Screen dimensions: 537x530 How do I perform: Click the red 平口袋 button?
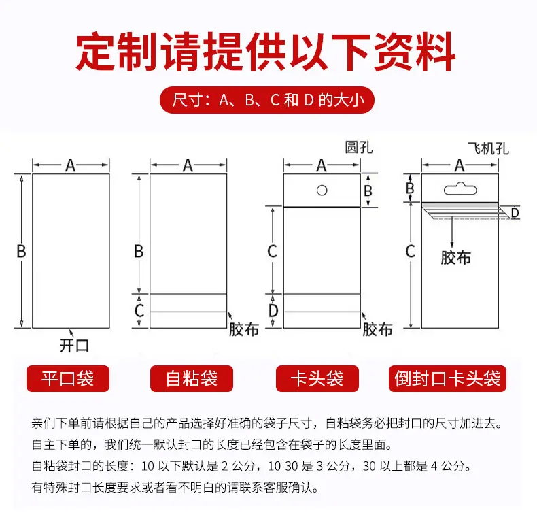68,378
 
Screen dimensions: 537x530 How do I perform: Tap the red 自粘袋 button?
192,378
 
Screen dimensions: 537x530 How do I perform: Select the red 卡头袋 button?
317,378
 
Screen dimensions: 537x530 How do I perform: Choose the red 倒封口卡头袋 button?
447,378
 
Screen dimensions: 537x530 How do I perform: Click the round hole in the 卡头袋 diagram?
322,191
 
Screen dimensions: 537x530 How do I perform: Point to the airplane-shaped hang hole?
460,188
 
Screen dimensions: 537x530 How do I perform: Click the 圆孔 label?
359,148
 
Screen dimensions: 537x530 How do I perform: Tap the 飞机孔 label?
488,148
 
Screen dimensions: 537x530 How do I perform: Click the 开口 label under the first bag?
74,345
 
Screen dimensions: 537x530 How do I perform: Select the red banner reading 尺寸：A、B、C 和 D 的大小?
267,100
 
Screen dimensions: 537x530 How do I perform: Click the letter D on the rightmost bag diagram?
515,213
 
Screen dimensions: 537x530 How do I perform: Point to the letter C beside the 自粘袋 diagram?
139,311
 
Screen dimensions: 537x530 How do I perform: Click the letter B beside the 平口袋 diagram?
21,251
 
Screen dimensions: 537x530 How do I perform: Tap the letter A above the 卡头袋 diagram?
322,165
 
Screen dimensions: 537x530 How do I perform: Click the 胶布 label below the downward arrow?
455,258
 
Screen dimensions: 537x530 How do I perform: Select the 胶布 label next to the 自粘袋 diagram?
244,329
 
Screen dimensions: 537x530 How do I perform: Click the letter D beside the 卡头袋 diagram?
273,311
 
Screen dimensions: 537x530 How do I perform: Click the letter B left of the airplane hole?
410,188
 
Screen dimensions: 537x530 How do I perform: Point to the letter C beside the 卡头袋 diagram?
273,251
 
